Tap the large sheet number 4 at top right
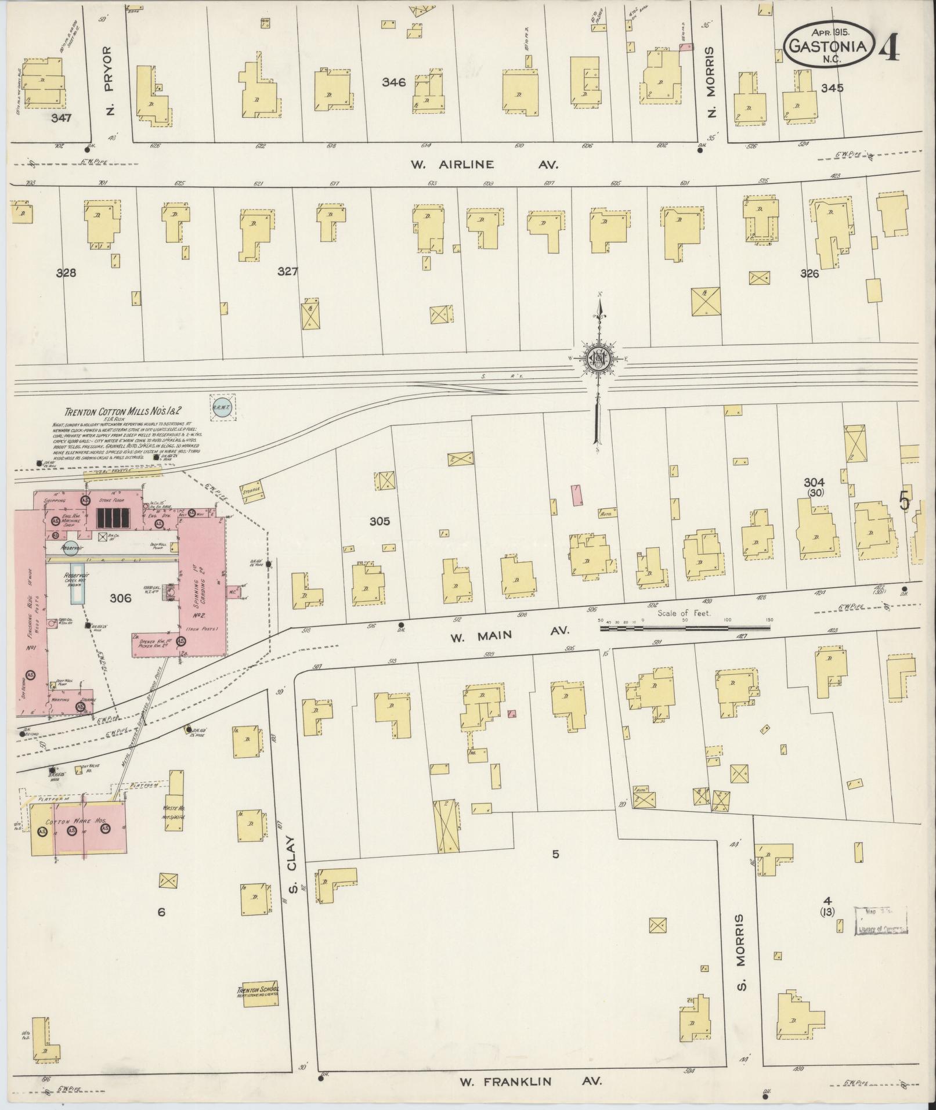[x=889, y=46]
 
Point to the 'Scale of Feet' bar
[x=685, y=627]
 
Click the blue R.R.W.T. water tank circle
[x=223, y=407]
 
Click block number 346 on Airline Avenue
[x=393, y=82]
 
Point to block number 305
[x=380, y=522]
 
